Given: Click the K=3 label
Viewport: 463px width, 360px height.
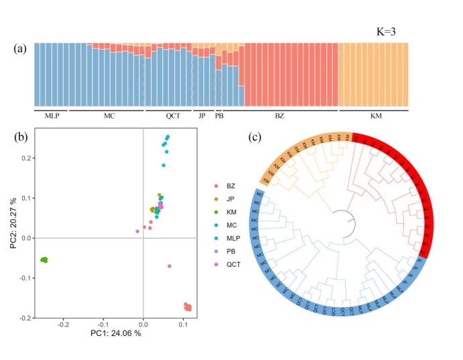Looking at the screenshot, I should [391, 32].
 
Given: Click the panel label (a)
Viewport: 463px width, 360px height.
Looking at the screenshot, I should [21, 49].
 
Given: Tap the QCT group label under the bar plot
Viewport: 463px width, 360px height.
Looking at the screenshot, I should [173, 116].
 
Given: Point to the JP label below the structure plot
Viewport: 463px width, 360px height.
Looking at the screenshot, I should [202, 116].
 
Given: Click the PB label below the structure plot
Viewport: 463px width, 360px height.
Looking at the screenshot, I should [219, 116].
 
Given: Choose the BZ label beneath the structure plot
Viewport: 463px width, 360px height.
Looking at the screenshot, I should [280, 116].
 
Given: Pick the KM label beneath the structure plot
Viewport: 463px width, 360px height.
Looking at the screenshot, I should [376, 116].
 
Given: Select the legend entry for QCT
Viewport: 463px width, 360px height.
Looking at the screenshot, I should [232, 264].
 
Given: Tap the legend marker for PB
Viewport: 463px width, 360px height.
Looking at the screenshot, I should [215, 251].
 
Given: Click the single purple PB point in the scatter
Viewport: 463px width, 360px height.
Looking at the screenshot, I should [138, 231].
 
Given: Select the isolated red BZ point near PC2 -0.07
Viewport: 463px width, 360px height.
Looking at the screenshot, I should [169, 266].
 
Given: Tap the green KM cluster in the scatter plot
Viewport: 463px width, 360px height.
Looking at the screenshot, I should [44, 259].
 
